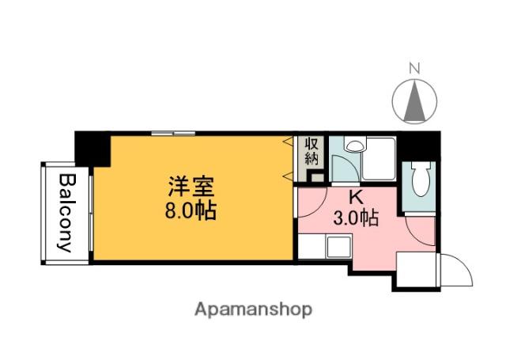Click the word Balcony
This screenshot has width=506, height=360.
66,212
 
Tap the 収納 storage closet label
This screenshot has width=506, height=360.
312,150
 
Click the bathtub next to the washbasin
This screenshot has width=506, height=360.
379,158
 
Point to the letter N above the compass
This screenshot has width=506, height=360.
413,69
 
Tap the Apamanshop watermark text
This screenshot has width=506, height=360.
253,309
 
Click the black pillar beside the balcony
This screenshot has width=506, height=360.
92,149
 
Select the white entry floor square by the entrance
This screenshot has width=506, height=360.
414,270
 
